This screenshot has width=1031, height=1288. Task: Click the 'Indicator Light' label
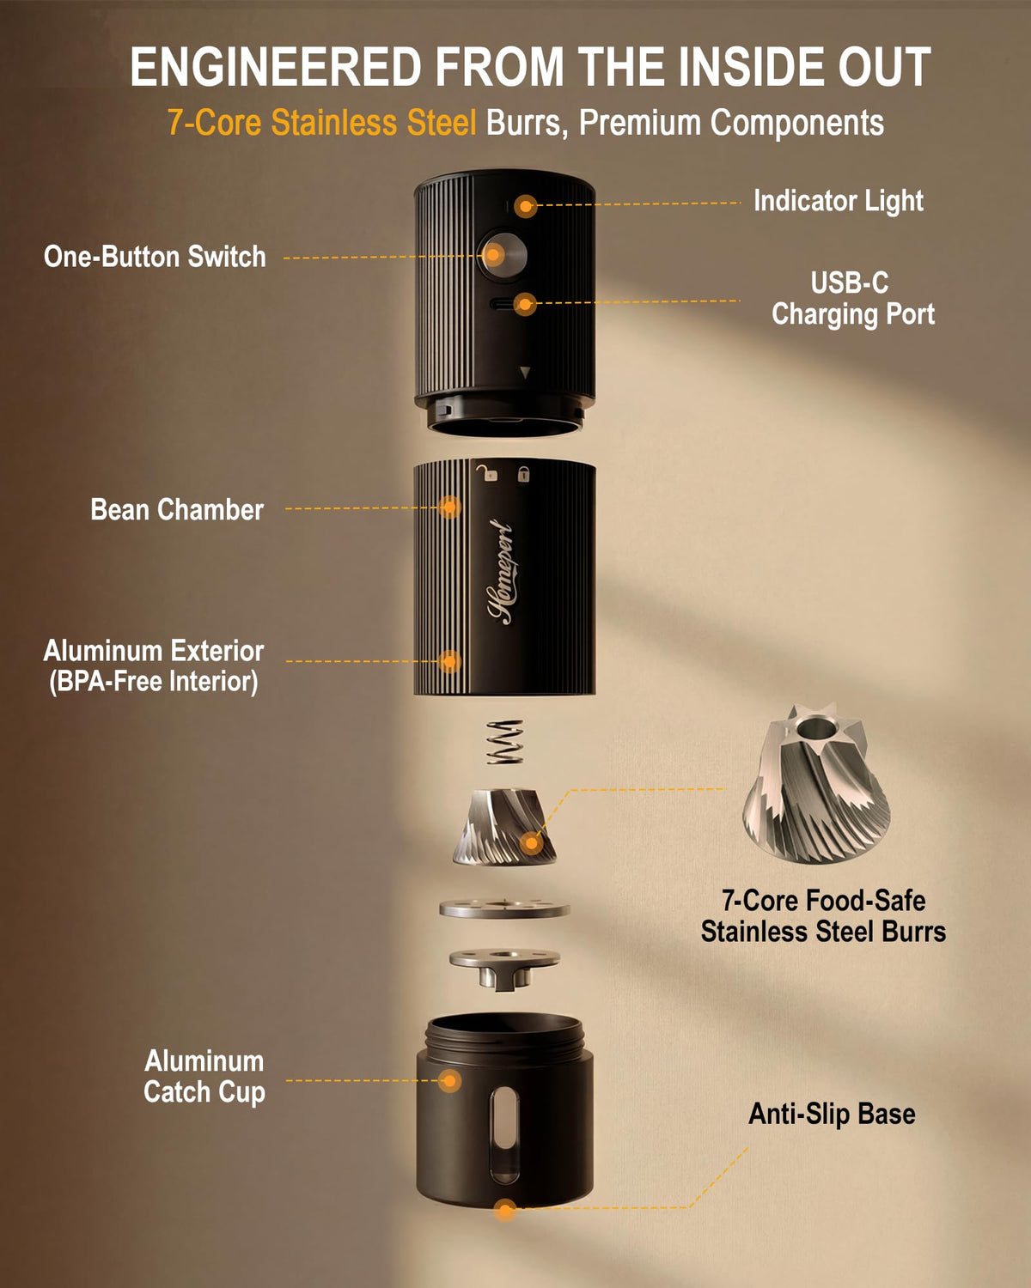[838, 201]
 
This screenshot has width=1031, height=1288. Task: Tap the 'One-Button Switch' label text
[155, 257]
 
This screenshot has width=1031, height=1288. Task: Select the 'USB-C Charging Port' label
[852, 298]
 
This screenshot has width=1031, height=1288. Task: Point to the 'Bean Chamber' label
[177, 510]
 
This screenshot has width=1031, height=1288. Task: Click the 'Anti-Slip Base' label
[832, 1114]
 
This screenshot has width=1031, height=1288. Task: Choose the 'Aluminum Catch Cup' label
[204, 1076]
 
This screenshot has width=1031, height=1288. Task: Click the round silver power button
[502, 256]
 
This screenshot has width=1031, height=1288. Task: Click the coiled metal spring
[504, 742]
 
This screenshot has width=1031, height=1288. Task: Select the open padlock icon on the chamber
[488, 473]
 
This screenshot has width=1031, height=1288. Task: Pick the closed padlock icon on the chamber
[523, 474]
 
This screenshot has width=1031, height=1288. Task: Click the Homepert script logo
[501, 572]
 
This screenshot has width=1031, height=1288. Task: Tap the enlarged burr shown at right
[815, 783]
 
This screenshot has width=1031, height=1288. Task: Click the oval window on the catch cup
[504, 1135]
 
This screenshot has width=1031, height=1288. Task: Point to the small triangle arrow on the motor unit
[526, 373]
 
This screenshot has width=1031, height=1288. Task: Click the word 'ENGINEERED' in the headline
[276, 66]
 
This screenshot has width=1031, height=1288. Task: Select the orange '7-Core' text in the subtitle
[214, 123]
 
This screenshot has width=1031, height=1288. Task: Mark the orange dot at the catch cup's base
[505, 1210]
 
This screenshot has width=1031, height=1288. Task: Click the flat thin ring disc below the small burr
[503, 908]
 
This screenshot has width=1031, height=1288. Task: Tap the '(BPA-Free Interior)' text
[154, 682]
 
